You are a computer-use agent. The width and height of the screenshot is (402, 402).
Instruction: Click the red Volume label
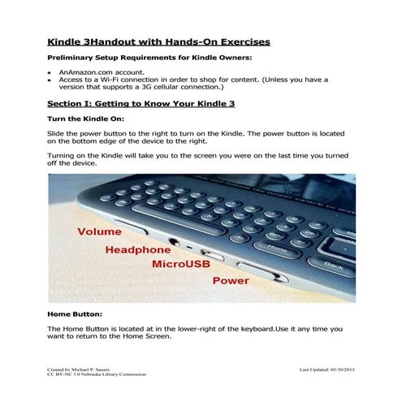(99, 231)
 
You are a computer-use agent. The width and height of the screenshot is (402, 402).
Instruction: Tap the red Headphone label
(137, 249)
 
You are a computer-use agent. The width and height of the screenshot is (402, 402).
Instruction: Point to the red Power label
(230, 281)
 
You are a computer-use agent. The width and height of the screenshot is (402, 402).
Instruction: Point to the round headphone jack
(174, 240)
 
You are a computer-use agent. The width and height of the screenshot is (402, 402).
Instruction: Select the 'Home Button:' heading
(74, 313)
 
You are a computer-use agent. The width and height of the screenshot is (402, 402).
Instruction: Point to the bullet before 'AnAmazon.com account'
(50, 72)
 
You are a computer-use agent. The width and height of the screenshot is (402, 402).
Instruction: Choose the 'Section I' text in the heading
(71, 104)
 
